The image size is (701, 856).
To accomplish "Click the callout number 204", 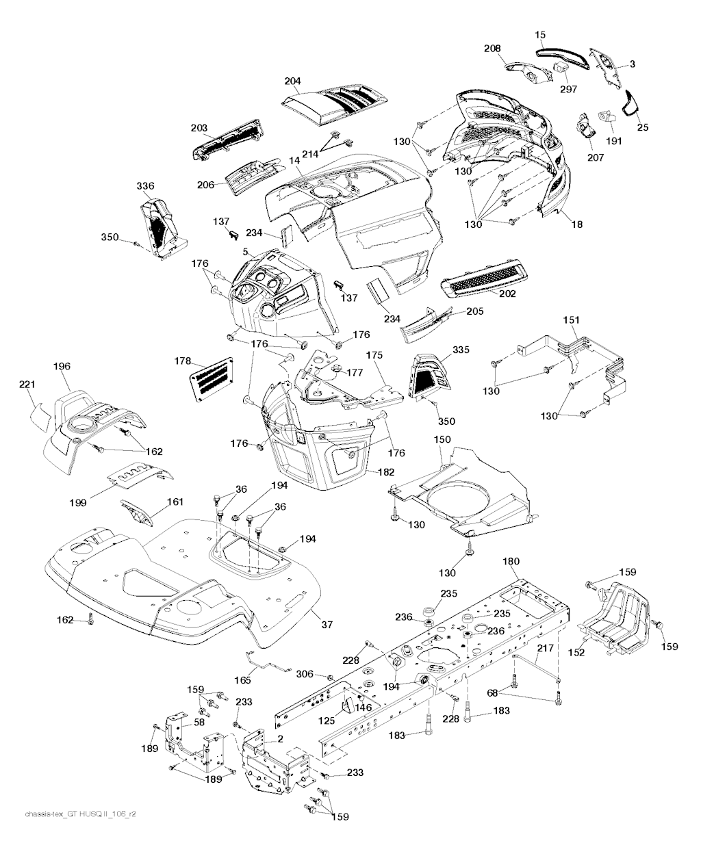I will tap(292, 81).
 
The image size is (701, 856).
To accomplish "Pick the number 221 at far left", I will tap(26, 385).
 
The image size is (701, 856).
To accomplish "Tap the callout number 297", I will tap(568, 89).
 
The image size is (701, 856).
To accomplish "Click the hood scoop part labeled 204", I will tap(335, 103).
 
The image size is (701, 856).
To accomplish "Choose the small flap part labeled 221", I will tap(40, 415).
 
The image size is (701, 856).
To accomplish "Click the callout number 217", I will tap(545, 648).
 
